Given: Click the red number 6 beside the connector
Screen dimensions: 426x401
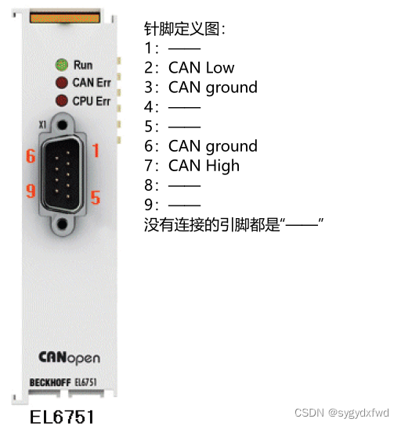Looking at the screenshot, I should tap(31, 156).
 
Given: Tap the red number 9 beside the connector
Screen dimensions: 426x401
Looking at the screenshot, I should tap(31, 192).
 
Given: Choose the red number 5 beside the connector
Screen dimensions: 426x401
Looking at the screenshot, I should tap(96, 197).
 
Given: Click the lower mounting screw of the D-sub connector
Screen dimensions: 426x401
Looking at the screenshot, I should tap(63, 224).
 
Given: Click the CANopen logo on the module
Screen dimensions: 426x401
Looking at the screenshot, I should tap(69, 358).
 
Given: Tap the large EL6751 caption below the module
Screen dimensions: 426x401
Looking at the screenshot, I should tap(62, 416).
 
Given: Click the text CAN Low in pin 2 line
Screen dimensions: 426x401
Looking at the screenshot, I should tap(201, 68).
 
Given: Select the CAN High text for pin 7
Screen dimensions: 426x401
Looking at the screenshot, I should tap(204, 166).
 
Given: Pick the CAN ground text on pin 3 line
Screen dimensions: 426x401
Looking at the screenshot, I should tap(212, 88).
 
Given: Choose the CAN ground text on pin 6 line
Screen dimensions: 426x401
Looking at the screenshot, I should tap(212, 146).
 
